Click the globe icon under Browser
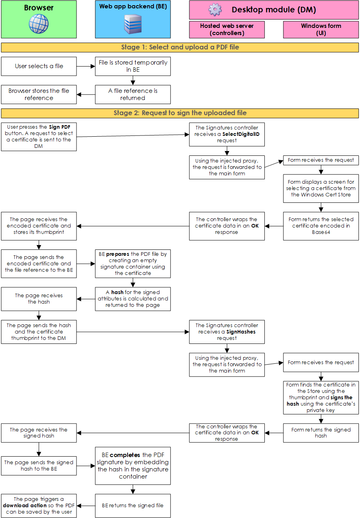point(39,24)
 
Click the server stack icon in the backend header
point(133,24)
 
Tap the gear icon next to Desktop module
point(215,10)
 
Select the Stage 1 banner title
point(180,47)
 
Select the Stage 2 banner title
point(180,113)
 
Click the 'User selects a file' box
point(39,67)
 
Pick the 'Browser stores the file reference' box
point(39,94)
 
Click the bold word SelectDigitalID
point(241,134)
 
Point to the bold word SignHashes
point(241,332)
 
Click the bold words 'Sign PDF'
point(59,127)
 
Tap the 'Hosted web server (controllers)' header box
point(227,29)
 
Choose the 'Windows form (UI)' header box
point(321,29)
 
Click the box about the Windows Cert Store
point(321,188)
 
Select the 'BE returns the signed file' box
point(133,506)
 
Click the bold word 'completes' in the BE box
point(125,455)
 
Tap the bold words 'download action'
point(25,506)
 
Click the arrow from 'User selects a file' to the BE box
point(86,67)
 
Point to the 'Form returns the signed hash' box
point(321,433)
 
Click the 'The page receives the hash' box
point(39,299)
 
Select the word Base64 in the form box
point(321,232)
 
